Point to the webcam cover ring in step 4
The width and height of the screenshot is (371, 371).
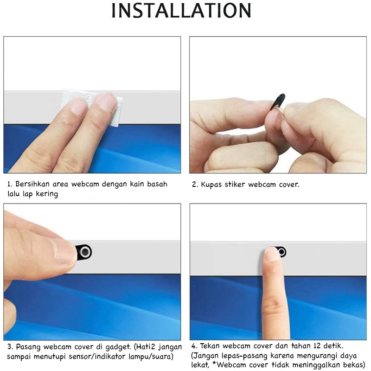pos(281,252)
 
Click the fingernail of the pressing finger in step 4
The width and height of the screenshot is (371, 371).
pos(271,254)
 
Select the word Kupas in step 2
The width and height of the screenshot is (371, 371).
pos(211,185)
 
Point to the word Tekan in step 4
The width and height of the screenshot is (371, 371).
pos(210,346)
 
